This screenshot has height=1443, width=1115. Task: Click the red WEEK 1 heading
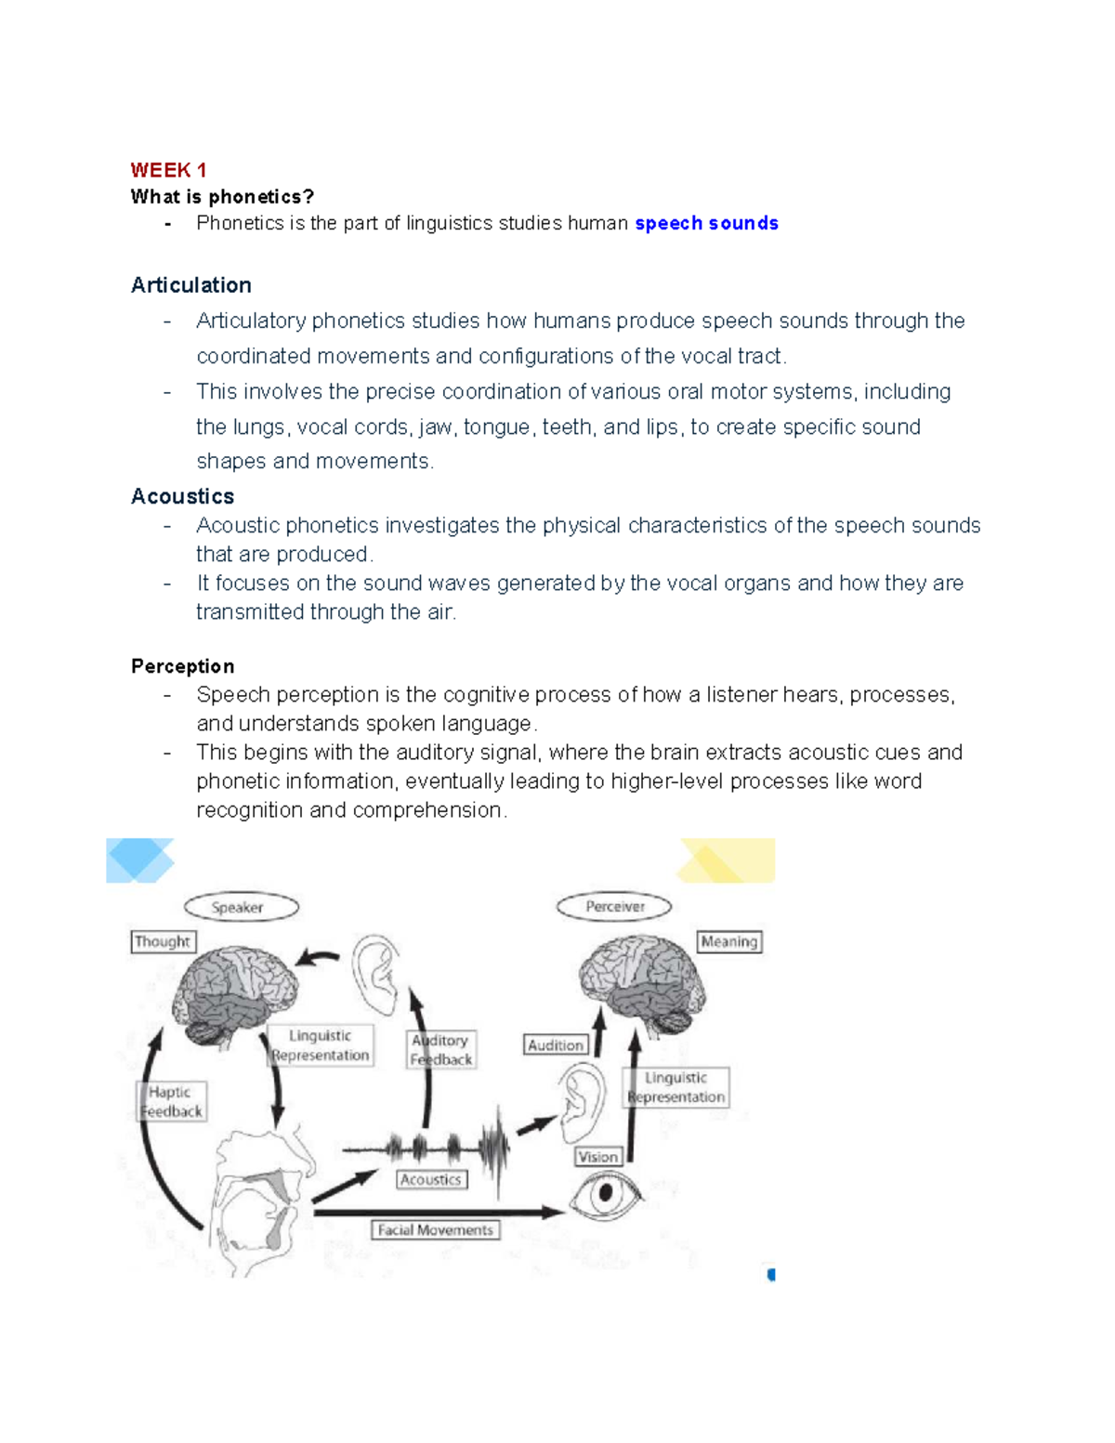coord(168,170)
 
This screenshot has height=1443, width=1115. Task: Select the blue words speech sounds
coord(706,223)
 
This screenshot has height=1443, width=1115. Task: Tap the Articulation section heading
coord(191,285)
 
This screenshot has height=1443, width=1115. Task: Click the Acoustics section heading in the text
coord(183,496)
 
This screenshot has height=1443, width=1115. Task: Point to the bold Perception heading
coord(183,666)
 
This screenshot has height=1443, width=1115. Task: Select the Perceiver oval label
coord(614,906)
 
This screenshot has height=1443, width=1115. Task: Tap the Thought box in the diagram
coord(163,941)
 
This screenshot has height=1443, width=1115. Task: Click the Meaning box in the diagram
coord(729,941)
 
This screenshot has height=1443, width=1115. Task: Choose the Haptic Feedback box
coord(172,1102)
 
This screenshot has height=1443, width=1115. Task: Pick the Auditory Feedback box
coord(441,1050)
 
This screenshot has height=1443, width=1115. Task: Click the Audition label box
coord(556,1045)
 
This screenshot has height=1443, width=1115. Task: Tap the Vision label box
coord(597,1157)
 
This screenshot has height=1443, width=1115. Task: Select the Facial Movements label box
coord(436,1230)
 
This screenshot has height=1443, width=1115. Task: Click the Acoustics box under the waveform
coord(431,1179)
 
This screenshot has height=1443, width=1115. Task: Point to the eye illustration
coord(606,1193)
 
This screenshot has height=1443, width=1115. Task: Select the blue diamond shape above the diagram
coord(139,859)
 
